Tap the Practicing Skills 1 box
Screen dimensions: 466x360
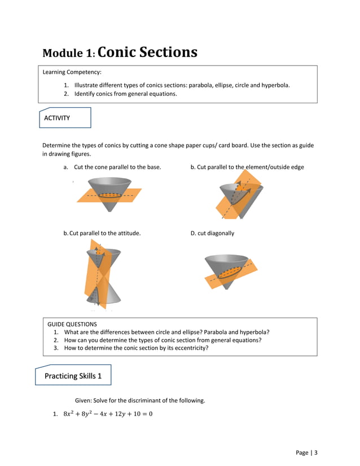pyautogui.click(x=73, y=376)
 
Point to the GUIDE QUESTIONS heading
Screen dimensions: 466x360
pyautogui.click(x=72, y=324)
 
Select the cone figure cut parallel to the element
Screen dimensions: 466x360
pyautogui.click(x=237, y=195)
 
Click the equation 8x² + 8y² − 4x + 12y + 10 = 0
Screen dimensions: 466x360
pyautogui.click(x=107, y=414)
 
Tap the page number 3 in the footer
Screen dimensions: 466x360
pyautogui.click(x=316, y=452)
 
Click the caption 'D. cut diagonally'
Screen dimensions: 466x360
pyautogui.click(x=212, y=233)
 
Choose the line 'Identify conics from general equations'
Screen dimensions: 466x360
pyautogui.click(x=125, y=94)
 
